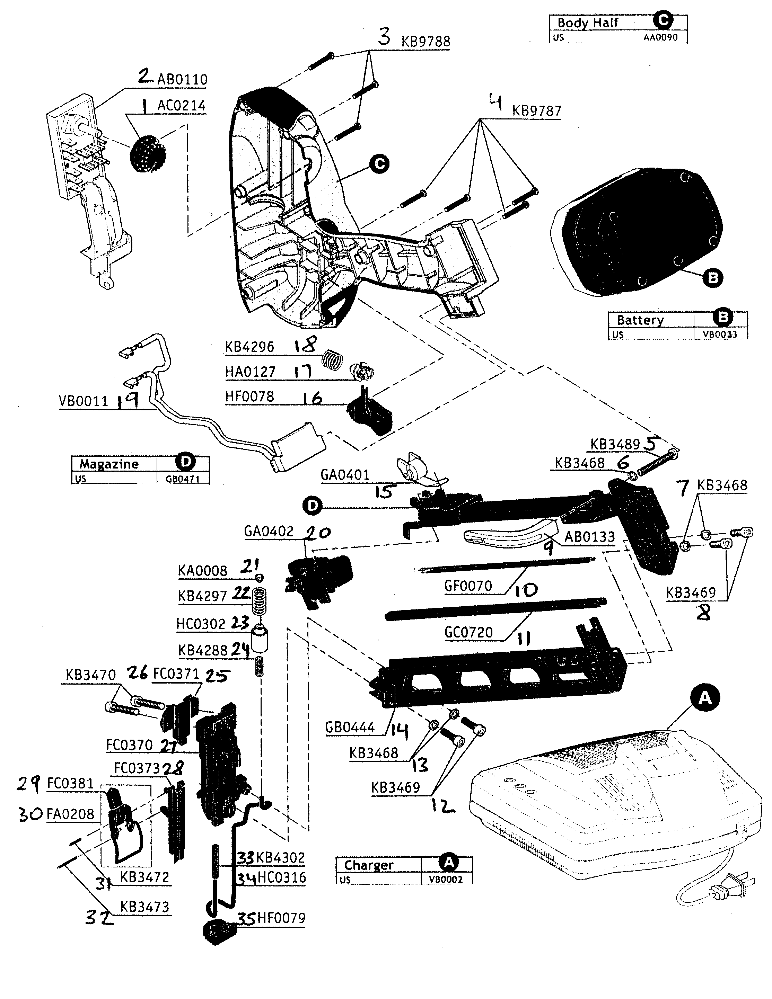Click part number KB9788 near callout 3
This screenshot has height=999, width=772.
[x=426, y=41]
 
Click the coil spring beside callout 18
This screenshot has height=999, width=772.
[x=333, y=359]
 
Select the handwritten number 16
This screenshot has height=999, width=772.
[x=312, y=398]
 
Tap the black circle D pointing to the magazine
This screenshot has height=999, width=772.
[x=313, y=506]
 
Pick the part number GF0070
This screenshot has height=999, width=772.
[x=468, y=586]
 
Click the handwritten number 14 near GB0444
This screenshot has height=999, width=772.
[x=398, y=731]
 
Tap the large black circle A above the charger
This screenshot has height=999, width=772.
[x=705, y=697]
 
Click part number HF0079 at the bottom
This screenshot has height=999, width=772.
[x=281, y=918]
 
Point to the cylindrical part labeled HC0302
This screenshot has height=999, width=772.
[x=260, y=639]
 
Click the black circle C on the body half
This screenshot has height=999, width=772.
[x=379, y=164]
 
